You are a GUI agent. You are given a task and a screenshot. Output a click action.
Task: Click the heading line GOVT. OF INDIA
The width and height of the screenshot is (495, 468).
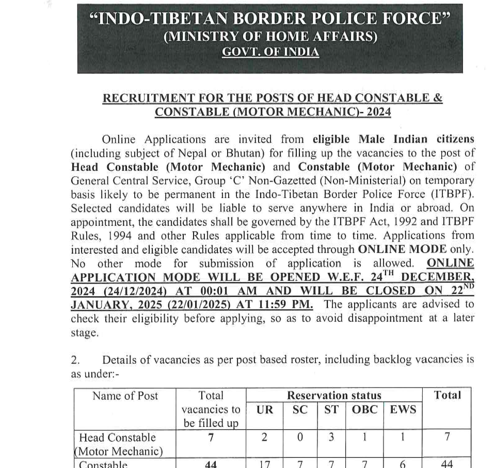[x=270, y=52]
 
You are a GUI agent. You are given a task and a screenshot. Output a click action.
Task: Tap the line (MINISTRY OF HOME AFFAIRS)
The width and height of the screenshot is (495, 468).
[x=270, y=37]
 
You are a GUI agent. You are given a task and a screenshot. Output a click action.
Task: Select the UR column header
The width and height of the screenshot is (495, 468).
[x=265, y=410]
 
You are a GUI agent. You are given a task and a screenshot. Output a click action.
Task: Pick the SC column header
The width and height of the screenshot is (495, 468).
[x=299, y=410]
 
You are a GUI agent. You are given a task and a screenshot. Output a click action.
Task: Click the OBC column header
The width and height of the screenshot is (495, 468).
[x=364, y=410]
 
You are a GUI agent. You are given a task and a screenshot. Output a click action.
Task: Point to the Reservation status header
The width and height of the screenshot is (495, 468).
[x=333, y=396]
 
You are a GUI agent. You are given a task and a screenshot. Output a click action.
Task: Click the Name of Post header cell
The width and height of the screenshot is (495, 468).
[x=125, y=396]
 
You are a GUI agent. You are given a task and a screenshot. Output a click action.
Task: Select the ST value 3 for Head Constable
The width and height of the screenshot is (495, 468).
[x=331, y=437]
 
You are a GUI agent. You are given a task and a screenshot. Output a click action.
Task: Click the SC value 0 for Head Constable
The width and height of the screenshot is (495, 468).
[x=299, y=437]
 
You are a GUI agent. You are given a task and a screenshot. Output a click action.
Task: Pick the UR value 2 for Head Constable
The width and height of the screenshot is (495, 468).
[x=265, y=437]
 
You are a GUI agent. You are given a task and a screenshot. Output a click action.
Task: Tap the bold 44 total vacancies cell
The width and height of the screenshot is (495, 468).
[x=211, y=464]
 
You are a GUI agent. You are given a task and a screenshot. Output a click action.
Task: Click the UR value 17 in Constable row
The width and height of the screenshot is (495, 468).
[x=265, y=464]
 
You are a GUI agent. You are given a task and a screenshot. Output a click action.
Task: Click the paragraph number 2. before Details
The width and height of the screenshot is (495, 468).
[x=75, y=360]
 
